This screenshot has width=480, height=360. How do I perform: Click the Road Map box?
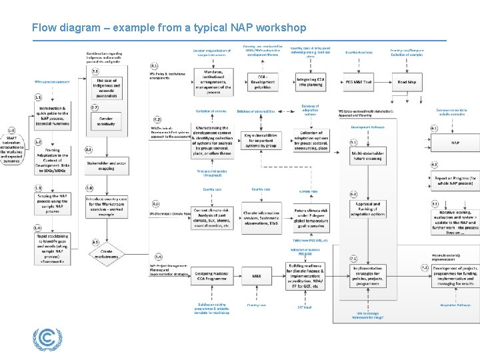(x=407, y=83)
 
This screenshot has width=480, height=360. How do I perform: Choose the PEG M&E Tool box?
(x=359, y=83)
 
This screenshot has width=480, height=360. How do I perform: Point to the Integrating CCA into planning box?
(x=311, y=83)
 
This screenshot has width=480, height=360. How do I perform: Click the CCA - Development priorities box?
(x=263, y=83)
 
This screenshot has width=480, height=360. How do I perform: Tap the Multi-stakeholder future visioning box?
(x=367, y=155)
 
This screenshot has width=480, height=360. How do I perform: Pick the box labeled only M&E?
(x=257, y=275)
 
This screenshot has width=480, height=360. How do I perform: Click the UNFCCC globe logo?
(x=46, y=340)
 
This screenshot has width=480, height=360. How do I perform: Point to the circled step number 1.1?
(x=38, y=97)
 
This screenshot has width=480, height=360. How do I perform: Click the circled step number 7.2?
(x=425, y=267)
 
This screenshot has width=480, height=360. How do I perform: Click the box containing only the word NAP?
(x=455, y=143)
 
